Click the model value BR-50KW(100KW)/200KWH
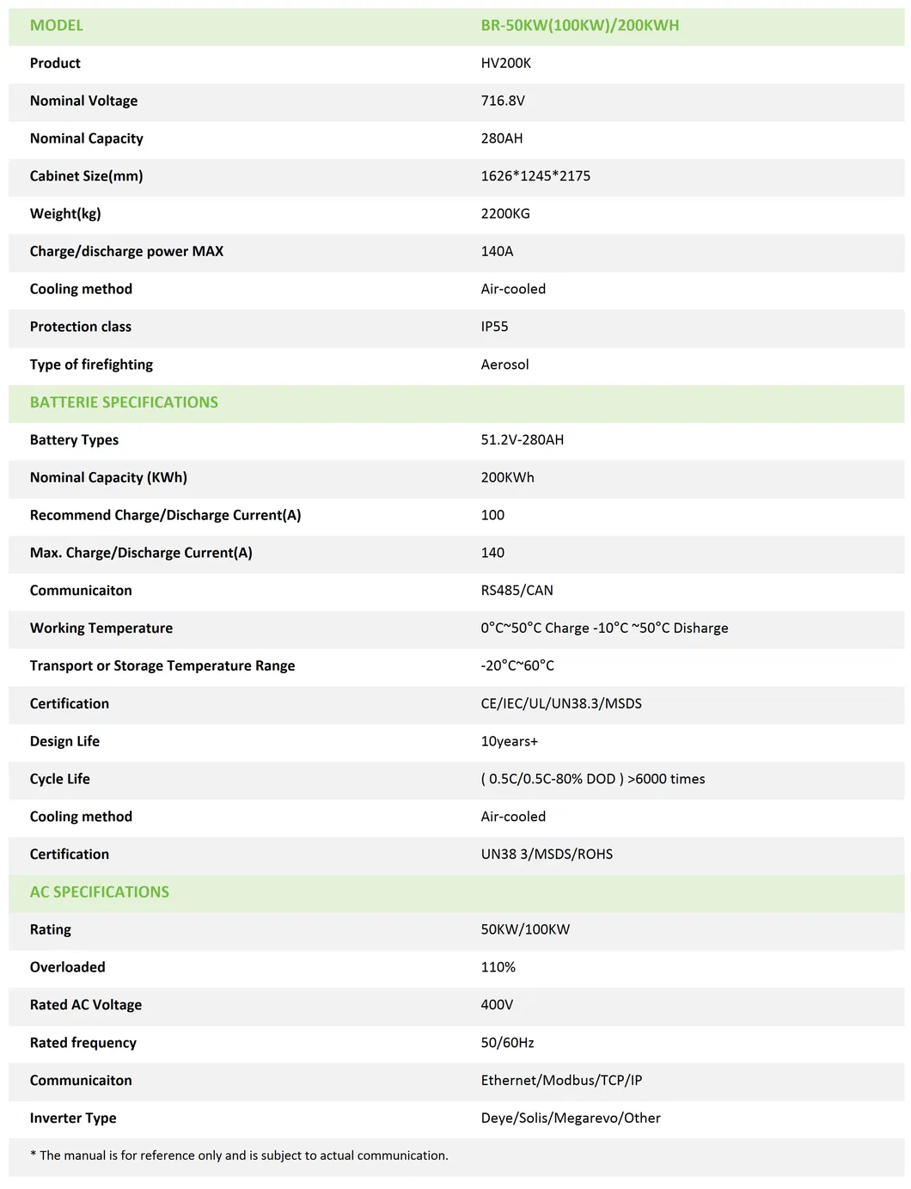579,26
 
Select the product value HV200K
505,64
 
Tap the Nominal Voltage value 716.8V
503,101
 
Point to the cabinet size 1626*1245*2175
535,176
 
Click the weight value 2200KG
505,214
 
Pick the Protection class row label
81,327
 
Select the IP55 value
494,327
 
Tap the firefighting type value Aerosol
504,365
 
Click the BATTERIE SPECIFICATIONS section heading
124,402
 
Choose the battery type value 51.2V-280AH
523,440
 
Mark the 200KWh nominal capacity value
507,478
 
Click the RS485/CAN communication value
517,591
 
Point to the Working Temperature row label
101,628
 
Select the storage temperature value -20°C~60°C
517,666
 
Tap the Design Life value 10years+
509,741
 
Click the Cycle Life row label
60,779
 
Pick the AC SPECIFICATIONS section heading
100,892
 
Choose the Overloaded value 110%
498,967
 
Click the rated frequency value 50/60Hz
507,1043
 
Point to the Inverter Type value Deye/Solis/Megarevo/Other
571,1119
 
